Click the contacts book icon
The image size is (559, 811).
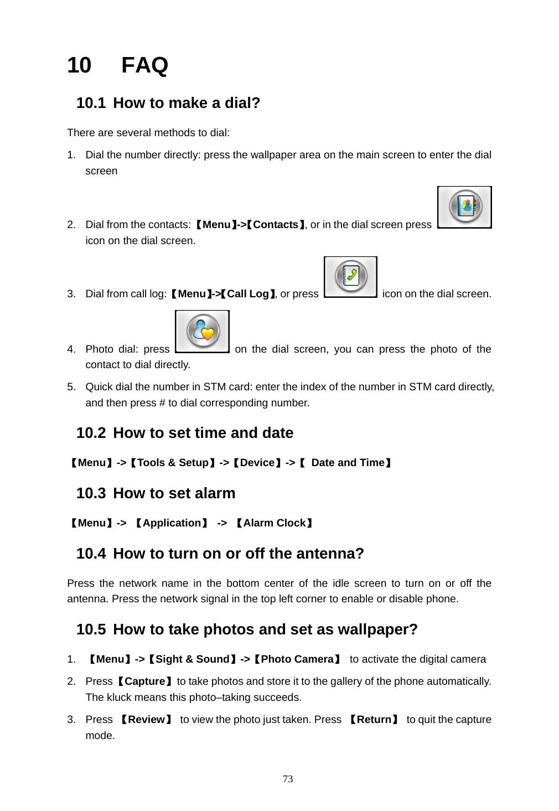pos(465,207)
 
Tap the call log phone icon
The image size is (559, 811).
pos(350,277)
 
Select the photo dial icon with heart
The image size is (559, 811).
pos(203,332)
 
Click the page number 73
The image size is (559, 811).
pos(288,779)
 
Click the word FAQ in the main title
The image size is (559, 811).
pos(144,65)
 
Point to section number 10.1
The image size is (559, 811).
pos(91,103)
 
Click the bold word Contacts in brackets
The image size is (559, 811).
pos(276,225)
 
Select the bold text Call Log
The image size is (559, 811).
pos(248,294)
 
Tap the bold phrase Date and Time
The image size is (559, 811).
pos(348,463)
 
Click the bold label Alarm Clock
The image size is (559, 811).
pos(275,523)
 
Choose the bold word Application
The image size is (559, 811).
pos(172,523)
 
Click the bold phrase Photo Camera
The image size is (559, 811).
pos(297,659)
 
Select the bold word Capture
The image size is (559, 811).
pos(145,681)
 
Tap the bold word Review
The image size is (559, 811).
pos(147,720)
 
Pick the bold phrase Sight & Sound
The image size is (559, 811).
pos(192,659)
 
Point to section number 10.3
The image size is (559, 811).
pos(91,493)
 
